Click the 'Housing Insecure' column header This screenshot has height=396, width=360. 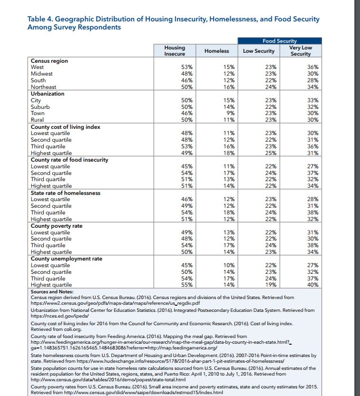tap(175, 51)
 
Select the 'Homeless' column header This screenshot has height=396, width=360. tap(216, 51)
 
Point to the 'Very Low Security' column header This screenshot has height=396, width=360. tap(301, 51)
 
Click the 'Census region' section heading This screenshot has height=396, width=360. tap(49, 61)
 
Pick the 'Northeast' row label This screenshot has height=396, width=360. tap(43, 87)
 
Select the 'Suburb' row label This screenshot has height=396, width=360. tap(40, 107)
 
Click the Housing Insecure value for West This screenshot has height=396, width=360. tap(186, 68)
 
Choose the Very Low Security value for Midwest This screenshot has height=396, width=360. tap(312, 74)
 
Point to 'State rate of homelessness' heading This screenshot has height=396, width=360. tap(66, 193)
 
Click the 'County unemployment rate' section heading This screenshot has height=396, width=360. tap(67, 259)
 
